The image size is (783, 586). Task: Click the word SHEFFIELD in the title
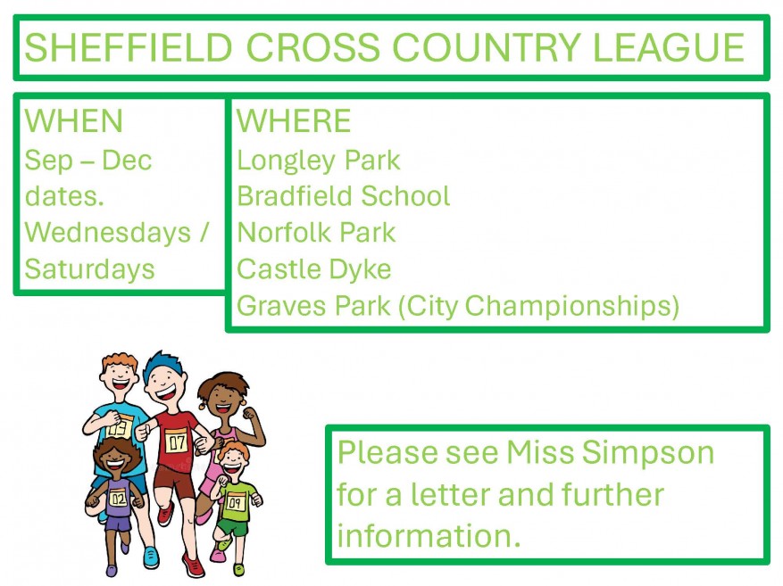point(129,48)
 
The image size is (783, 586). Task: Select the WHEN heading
point(73,121)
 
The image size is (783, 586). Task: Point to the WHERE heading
point(294,121)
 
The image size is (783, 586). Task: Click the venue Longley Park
point(318,161)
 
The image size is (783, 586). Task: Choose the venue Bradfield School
point(343,196)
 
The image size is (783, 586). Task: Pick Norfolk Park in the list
point(316,233)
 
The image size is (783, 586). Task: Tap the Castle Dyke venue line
point(313,269)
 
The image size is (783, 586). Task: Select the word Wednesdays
point(108,233)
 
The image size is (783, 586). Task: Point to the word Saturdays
point(89,269)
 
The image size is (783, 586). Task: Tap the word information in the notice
point(429,536)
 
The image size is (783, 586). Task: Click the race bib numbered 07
point(176,442)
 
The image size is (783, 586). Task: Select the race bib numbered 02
point(118,498)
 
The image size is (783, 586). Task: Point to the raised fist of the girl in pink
point(249,414)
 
